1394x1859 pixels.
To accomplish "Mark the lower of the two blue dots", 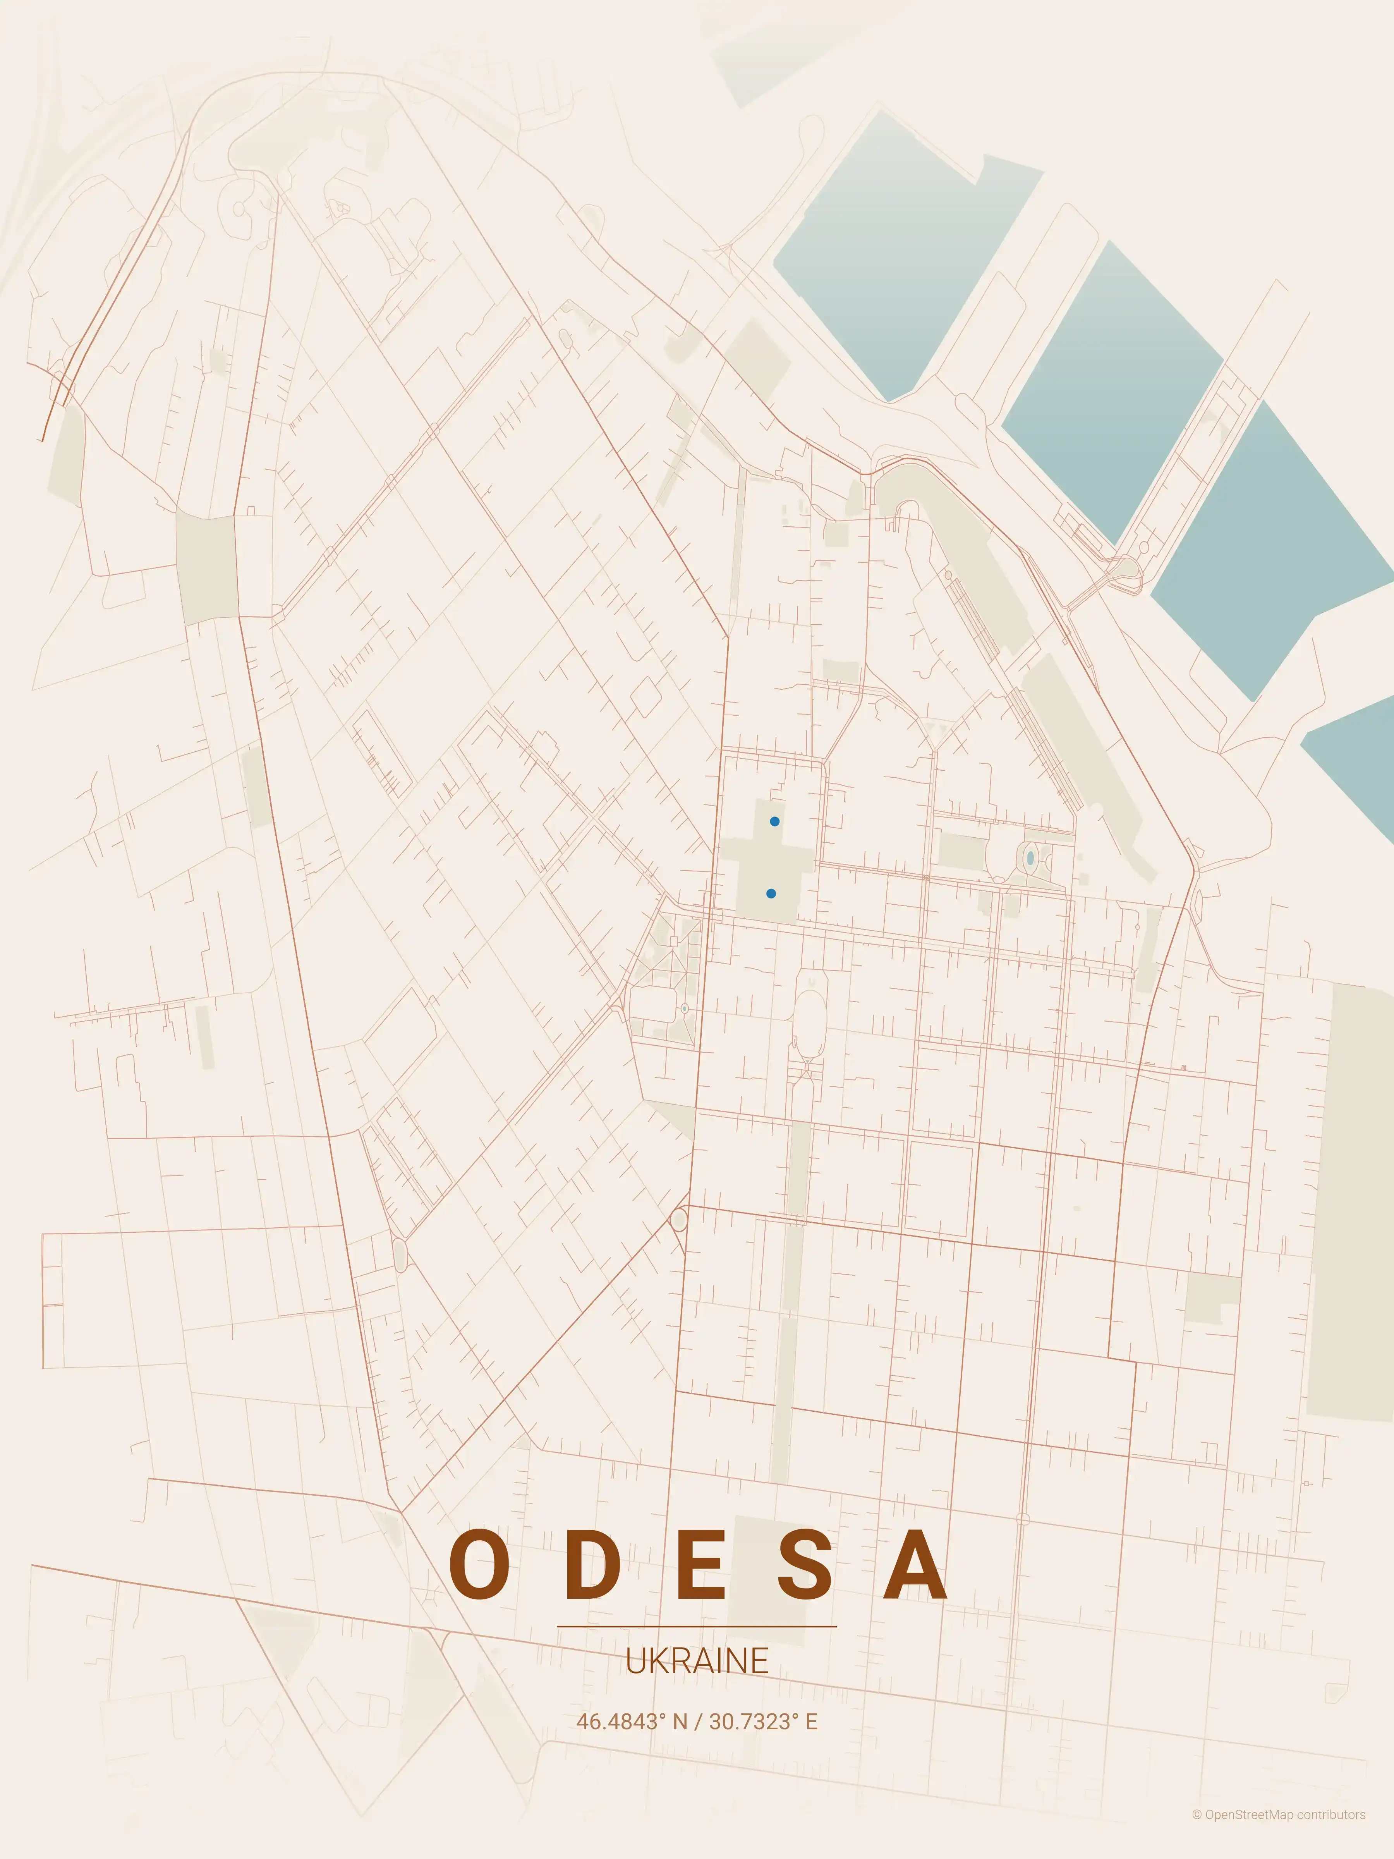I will (771, 893).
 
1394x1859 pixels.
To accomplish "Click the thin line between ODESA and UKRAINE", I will (697, 1626).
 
